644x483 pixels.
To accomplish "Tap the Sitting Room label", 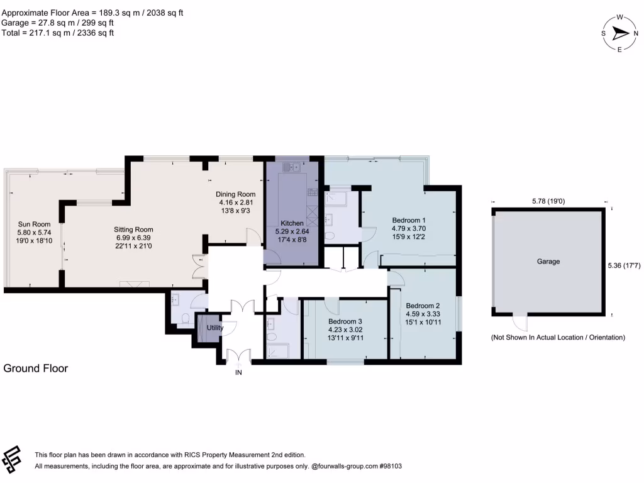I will pyautogui.click(x=133, y=230).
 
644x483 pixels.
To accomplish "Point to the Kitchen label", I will pyautogui.click(x=292, y=223).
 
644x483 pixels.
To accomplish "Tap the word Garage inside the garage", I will pyautogui.click(x=548, y=261).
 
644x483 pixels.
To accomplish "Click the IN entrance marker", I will pyautogui.click(x=238, y=372).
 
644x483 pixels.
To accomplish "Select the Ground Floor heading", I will pyautogui.click(x=36, y=369).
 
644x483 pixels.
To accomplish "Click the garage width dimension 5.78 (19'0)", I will pyautogui.click(x=547, y=201).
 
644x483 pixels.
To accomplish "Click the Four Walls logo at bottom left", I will pyautogui.click(x=13, y=460).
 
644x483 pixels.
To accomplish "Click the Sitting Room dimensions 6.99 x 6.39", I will pyautogui.click(x=133, y=238).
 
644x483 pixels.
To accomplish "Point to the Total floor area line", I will pyautogui.click(x=58, y=33).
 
